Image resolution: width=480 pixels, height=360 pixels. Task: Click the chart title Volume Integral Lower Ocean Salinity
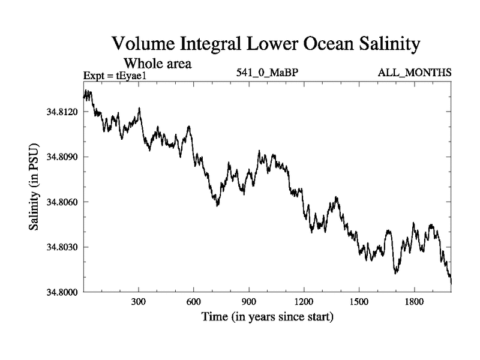(x=266, y=44)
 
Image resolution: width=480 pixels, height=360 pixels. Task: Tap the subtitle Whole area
(x=157, y=62)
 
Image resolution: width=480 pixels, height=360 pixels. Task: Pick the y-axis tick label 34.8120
(x=59, y=112)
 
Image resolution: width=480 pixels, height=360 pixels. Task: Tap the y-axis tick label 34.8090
(x=59, y=157)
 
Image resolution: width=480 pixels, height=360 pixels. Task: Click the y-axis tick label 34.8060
(x=59, y=202)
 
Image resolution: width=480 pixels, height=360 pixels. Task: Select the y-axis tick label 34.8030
(x=59, y=247)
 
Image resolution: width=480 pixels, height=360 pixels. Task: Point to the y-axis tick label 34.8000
(x=59, y=292)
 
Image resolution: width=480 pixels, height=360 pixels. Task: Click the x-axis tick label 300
(x=139, y=303)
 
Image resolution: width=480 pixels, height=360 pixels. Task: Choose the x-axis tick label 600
(x=194, y=303)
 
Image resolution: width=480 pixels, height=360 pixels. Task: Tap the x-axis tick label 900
(x=249, y=303)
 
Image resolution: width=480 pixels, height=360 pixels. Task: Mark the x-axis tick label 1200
(x=304, y=303)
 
